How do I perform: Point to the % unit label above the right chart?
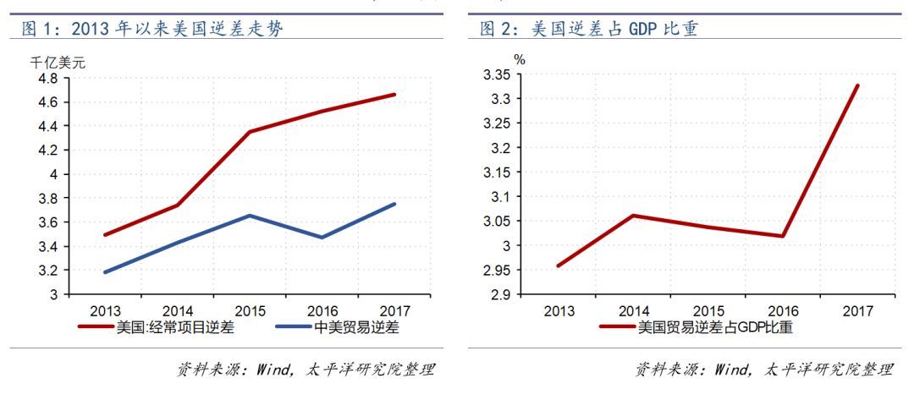tap(519, 59)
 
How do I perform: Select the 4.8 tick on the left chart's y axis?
tap(48, 78)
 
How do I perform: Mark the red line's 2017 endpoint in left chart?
tap(394, 94)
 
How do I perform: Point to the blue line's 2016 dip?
tap(322, 237)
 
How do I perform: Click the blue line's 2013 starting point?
tap(104, 272)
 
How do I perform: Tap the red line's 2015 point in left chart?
tap(250, 132)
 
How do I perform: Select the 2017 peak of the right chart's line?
tap(857, 85)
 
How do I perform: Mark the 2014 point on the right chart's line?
tap(631, 216)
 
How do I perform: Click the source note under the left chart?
tap(306, 370)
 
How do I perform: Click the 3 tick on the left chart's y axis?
tap(53, 295)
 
